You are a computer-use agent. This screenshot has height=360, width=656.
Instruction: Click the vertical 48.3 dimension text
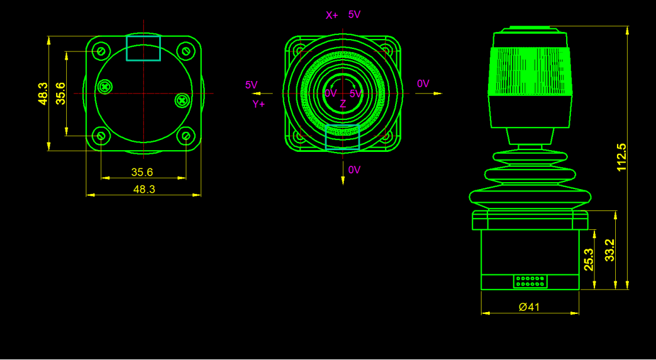pyautogui.click(x=43, y=93)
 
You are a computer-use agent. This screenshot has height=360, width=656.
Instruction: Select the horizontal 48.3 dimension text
pyautogui.click(x=144, y=189)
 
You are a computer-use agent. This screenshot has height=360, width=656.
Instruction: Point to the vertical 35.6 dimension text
pyautogui.click(x=60, y=93)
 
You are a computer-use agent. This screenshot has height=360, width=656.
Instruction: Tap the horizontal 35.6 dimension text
pyautogui.click(x=142, y=172)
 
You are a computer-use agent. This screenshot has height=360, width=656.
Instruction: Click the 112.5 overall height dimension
pyautogui.click(x=622, y=157)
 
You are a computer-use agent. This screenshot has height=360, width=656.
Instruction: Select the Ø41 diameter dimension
pyautogui.click(x=529, y=307)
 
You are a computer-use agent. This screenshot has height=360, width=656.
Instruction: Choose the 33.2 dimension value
pyautogui.click(x=610, y=250)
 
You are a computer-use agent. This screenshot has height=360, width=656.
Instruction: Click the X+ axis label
pyautogui.click(x=332, y=15)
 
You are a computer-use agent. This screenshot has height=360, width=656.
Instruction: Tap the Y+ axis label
pyautogui.click(x=259, y=104)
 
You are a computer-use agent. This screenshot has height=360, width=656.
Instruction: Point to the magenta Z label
pyautogui.click(x=343, y=104)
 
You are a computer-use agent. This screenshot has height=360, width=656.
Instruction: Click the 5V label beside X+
pyautogui.click(x=354, y=15)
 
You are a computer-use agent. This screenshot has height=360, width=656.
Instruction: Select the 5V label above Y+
pyautogui.click(x=251, y=85)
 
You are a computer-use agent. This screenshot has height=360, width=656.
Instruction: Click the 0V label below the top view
pyautogui.click(x=354, y=170)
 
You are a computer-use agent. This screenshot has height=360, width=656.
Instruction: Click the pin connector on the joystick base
pyautogui.click(x=530, y=281)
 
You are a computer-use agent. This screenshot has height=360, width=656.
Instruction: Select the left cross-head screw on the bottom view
pyautogui.click(x=105, y=86)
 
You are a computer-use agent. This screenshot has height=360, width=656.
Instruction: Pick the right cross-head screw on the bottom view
pyautogui.click(x=182, y=100)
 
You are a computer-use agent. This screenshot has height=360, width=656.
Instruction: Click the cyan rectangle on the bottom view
pyautogui.click(x=143, y=48)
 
